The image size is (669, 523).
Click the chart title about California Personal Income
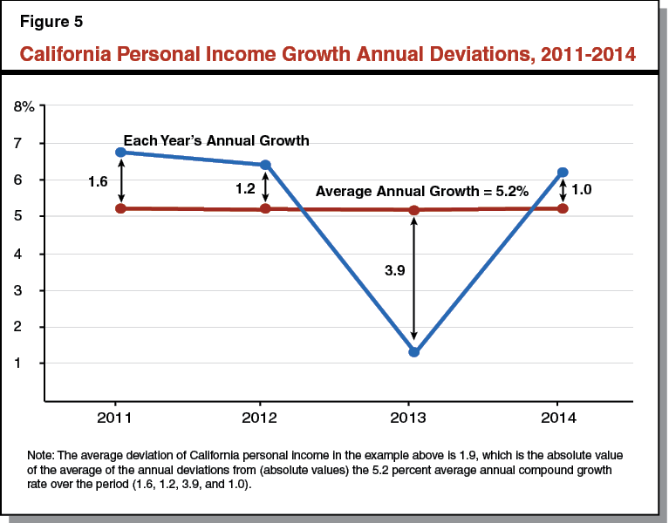tap(327, 54)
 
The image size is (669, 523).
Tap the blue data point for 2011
tap(120, 153)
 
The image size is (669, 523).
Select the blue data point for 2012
tap(266, 165)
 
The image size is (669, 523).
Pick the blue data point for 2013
tap(413, 352)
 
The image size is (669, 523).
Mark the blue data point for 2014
tap(563, 173)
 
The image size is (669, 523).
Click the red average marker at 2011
tap(120, 208)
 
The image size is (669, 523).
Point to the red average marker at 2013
tap(413, 210)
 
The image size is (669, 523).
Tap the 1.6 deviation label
tap(98, 181)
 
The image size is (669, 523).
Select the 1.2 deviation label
tap(244, 187)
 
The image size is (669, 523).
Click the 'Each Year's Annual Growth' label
tap(216, 140)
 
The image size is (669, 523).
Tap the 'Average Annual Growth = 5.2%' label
tap(422, 192)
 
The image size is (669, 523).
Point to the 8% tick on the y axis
tap(24, 106)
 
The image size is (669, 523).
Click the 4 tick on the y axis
tap(30, 254)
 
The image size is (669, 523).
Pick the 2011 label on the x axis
tap(115, 418)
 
